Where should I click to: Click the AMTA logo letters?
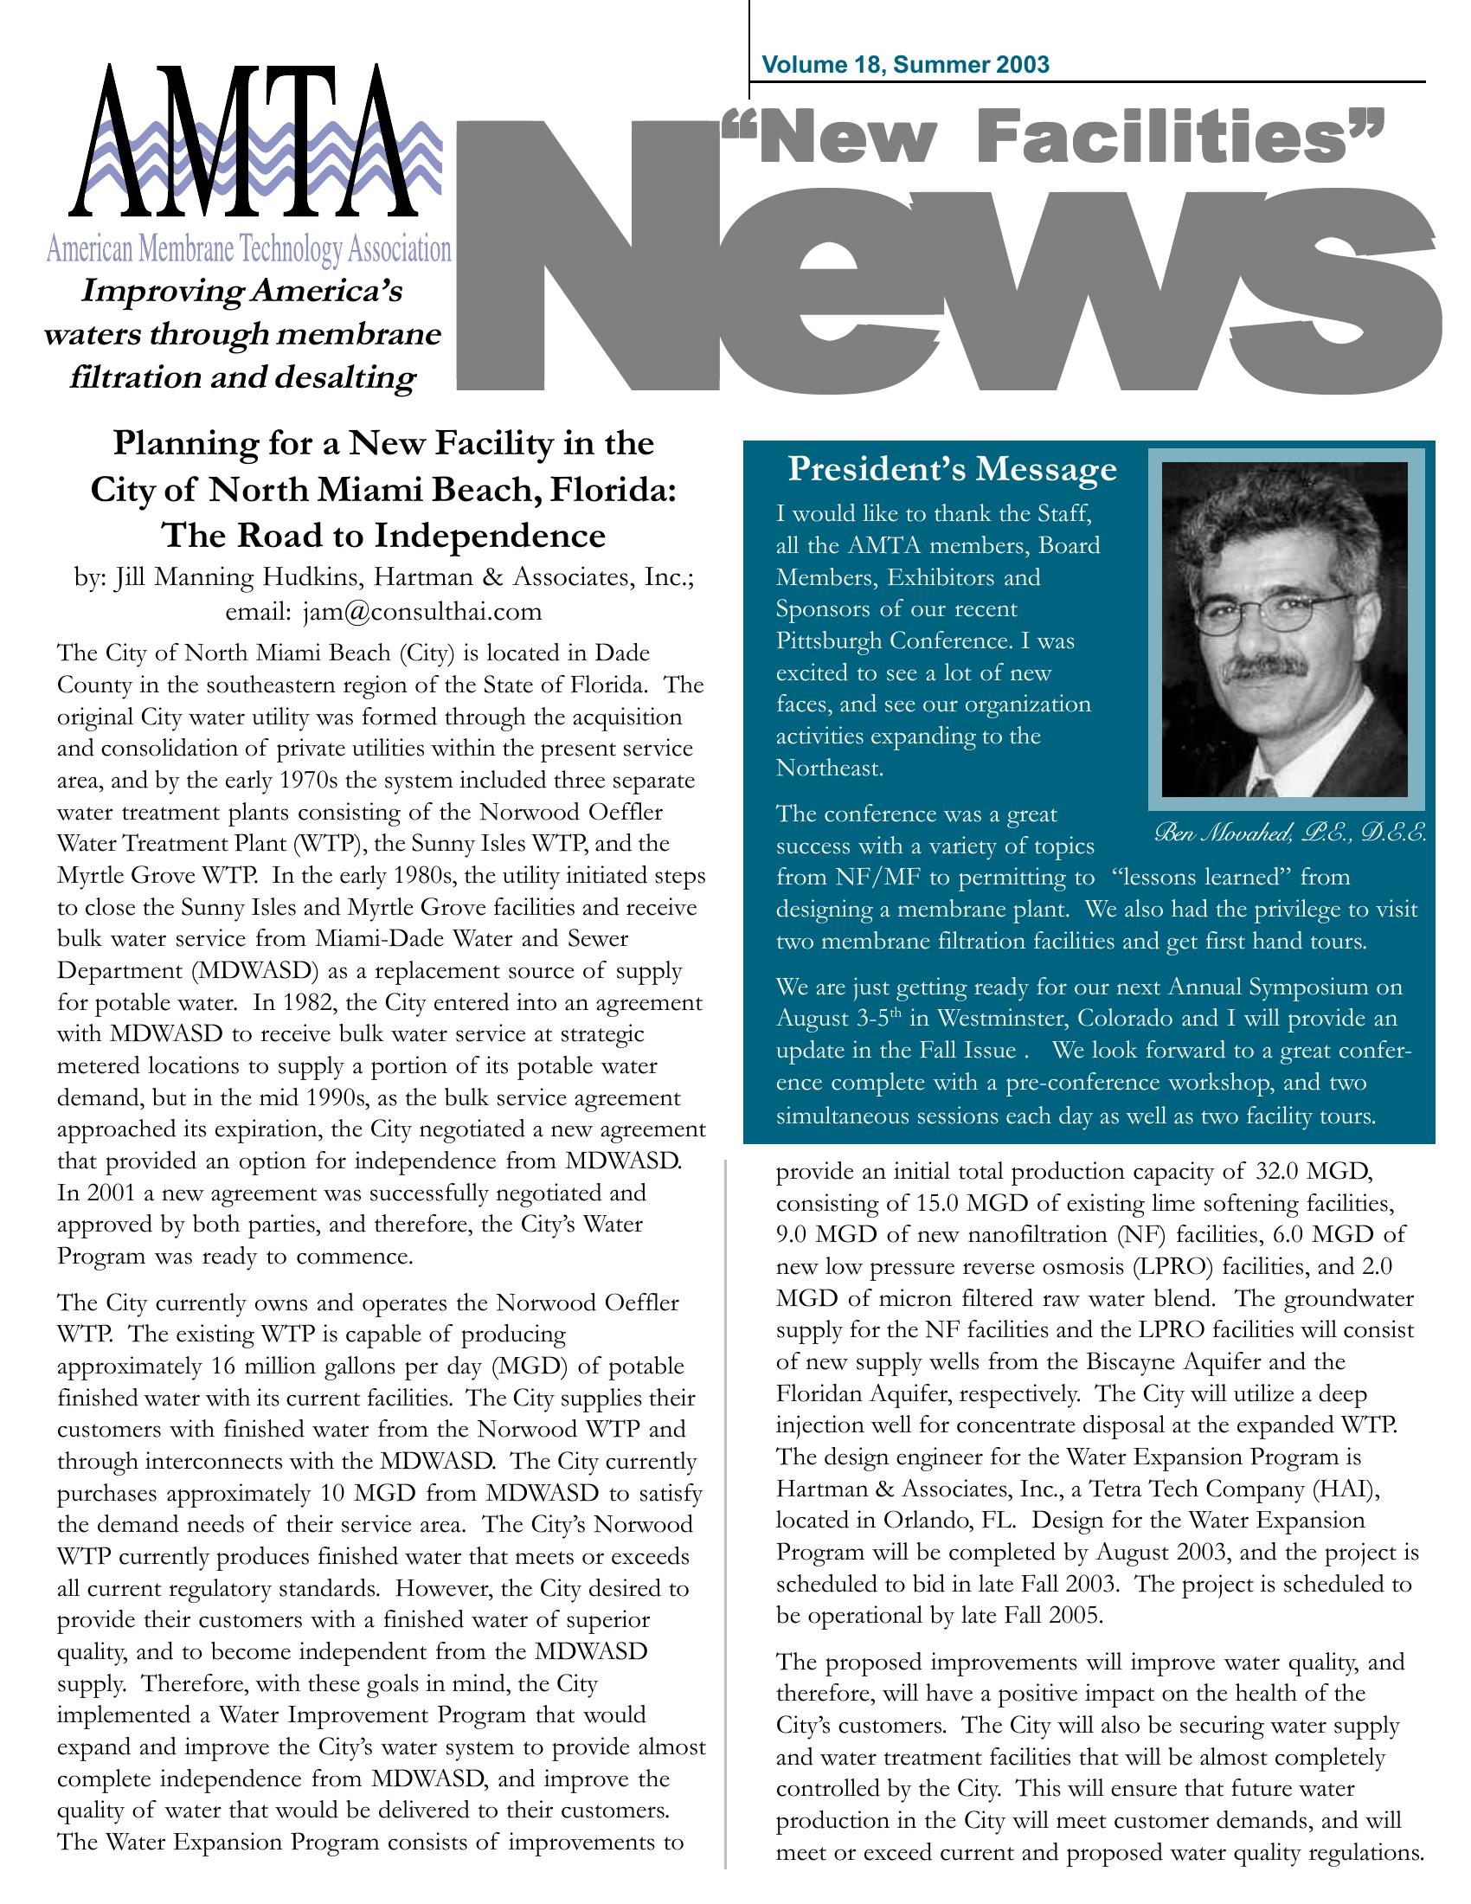point(246,144)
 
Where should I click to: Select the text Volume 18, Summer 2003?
point(905,65)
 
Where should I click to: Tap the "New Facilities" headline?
point(1050,140)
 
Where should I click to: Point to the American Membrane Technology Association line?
point(248,250)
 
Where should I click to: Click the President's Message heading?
point(952,469)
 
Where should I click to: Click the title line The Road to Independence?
point(383,534)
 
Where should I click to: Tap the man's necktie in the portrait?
point(1260,784)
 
